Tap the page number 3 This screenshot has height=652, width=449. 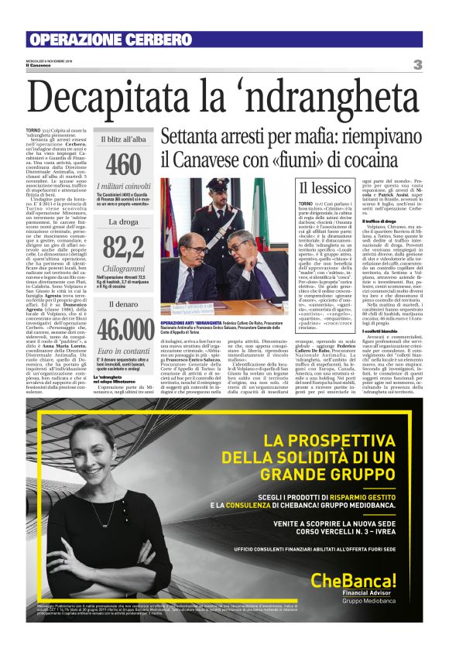click(x=417, y=64)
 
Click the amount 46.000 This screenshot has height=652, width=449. click(x=124, y=329)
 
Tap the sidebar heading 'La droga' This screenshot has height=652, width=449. click(x=124, y=221)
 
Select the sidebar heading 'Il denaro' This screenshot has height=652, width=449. click(x=124, y=304)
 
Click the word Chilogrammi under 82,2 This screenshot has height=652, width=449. click(x=124, y=267)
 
